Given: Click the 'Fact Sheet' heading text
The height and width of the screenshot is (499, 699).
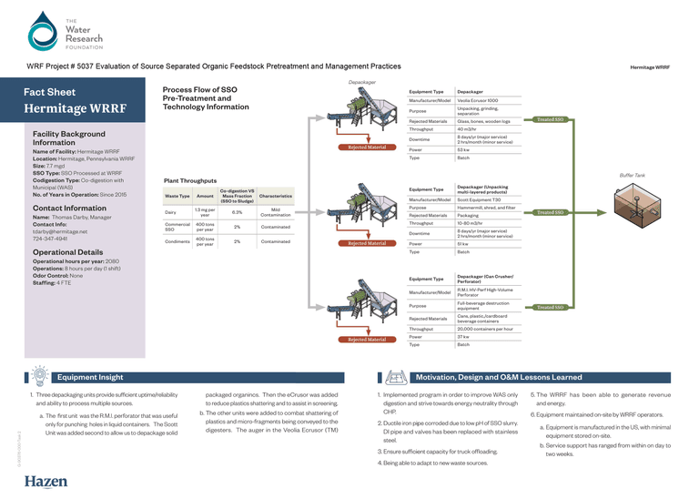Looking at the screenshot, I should pos(49,93).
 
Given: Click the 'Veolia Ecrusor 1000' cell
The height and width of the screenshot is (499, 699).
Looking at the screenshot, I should pos(478,100).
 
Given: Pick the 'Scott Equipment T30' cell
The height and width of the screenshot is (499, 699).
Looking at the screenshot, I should pos(478,199).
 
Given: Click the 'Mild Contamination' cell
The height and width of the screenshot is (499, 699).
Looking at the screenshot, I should pos(275,212).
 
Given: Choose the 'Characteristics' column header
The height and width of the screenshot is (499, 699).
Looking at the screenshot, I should pos(275,196).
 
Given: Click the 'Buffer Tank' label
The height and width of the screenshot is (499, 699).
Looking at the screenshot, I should pos(633,174).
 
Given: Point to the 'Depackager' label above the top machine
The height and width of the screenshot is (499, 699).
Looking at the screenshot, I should pos(362,82).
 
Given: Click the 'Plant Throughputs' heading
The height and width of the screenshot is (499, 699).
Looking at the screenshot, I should pos(191,181).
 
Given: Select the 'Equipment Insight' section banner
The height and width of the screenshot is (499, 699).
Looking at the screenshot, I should pos(91,376).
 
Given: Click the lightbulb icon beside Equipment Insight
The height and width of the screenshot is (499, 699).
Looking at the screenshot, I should pos(41,374).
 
